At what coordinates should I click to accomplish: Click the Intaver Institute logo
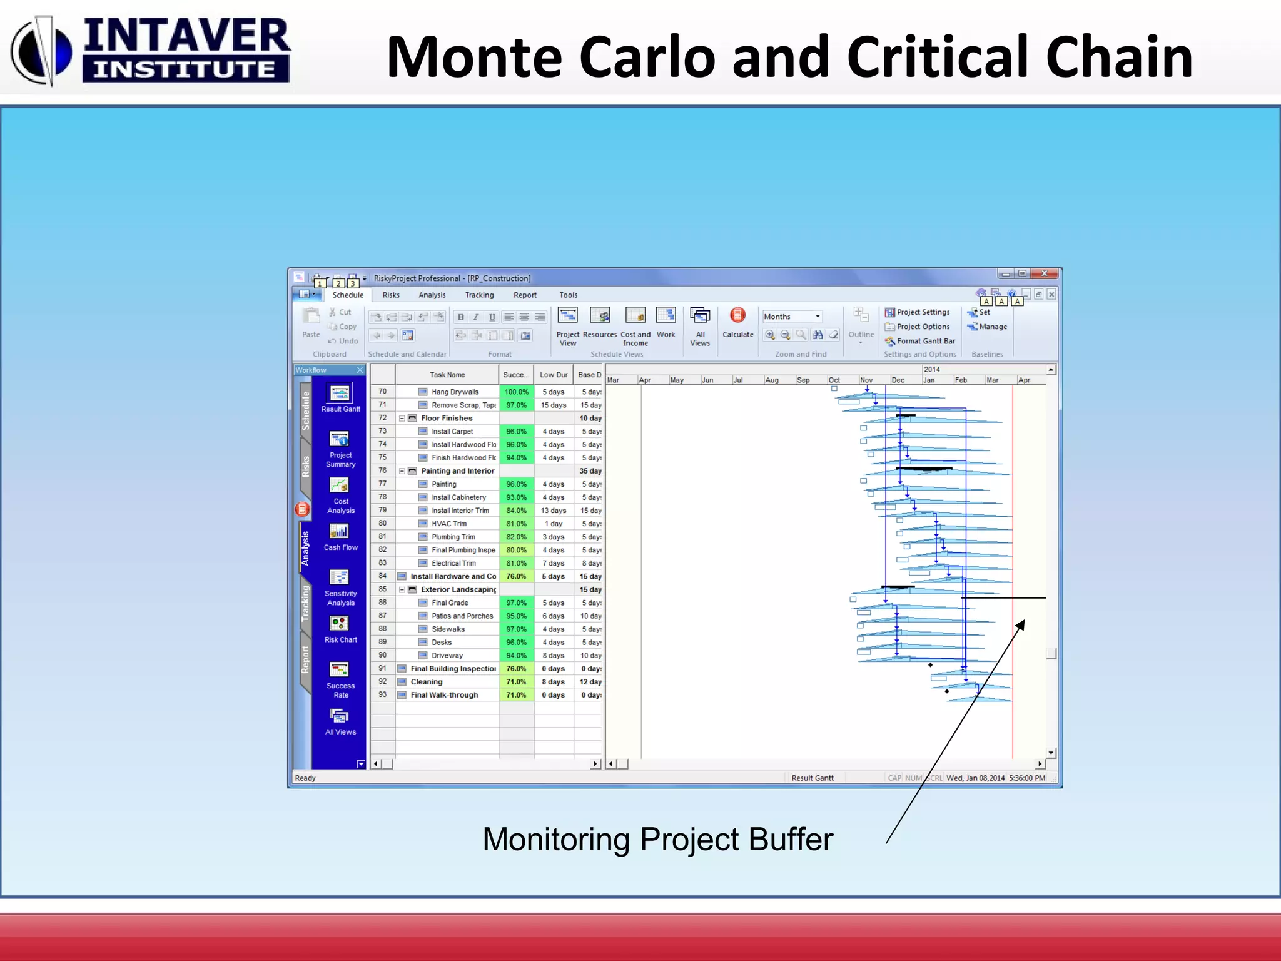150,50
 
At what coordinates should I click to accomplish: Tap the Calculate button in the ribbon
737,323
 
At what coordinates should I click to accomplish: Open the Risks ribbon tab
391,295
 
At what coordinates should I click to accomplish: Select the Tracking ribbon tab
479,295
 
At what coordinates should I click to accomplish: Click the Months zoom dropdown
791,317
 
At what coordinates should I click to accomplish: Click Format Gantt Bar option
920,341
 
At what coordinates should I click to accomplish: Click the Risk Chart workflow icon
340,628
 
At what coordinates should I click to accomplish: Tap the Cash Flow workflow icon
340,536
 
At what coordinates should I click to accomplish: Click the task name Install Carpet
452,432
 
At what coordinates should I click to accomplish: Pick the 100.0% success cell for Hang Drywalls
516,392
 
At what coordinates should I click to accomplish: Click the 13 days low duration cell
553,511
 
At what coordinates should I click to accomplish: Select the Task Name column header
447,375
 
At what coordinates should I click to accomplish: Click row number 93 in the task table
382,694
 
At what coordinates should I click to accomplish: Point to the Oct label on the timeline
834,380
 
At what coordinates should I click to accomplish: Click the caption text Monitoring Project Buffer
657,839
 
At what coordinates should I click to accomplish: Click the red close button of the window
1044,273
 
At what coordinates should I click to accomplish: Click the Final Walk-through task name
444,695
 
